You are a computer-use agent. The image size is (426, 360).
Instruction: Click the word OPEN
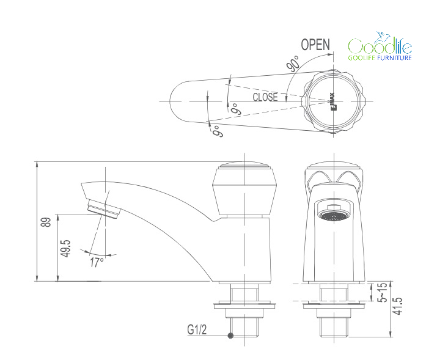point(315,44)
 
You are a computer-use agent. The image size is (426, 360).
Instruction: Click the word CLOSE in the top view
point(265,97)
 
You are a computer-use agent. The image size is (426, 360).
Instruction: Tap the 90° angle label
point(293,64)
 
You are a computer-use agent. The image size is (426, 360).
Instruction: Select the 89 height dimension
point(46,222)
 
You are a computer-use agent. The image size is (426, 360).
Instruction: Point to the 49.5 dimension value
point(66,248)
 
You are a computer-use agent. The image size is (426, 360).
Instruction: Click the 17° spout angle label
point(97,262)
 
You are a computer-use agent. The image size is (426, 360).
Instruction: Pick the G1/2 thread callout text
point(197,329)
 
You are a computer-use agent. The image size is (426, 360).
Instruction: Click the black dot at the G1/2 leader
point(230,336)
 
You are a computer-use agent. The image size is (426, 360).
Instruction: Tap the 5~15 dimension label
point(382,292)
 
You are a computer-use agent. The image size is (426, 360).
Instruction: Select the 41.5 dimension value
point(398,306)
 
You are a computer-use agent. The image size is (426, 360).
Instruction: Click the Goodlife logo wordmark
point(380,46)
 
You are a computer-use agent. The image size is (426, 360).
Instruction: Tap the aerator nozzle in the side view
point(104,208)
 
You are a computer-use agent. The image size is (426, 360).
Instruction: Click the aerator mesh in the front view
point(334,216)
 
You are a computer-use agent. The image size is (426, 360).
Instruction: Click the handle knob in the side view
point(244,189)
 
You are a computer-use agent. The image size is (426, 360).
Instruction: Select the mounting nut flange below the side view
point(244,305)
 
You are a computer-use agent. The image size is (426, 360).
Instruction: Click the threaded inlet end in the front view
point(334,327)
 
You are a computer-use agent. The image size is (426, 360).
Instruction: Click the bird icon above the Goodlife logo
point(382,38)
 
